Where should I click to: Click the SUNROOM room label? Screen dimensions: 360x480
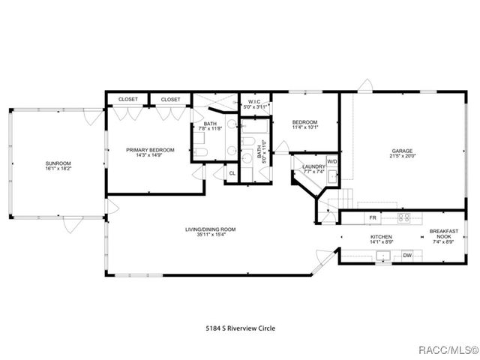click(57, 163)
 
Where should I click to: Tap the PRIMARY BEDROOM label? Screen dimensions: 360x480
click(150, 150)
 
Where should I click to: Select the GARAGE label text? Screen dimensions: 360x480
click(402, 150)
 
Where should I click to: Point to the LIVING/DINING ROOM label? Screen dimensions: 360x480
click(211, 229)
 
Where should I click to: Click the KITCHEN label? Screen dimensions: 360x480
click(381, 237)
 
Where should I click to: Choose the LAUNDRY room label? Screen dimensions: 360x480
click(313, 166)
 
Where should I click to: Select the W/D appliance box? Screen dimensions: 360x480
click(332, 162)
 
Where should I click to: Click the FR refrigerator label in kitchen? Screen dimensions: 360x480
click(372, 218)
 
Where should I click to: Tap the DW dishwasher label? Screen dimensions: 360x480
click(407, 256)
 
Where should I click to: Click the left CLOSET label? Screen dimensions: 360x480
click(127, 99)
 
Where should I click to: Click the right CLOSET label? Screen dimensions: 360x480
click(170, 99)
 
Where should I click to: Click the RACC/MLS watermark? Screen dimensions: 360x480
click(448, 349)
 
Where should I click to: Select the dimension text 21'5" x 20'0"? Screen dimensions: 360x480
click(402, 156)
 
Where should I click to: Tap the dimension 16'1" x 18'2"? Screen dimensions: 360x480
click(57, 169)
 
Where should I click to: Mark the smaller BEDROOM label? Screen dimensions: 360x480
click(304, 122)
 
